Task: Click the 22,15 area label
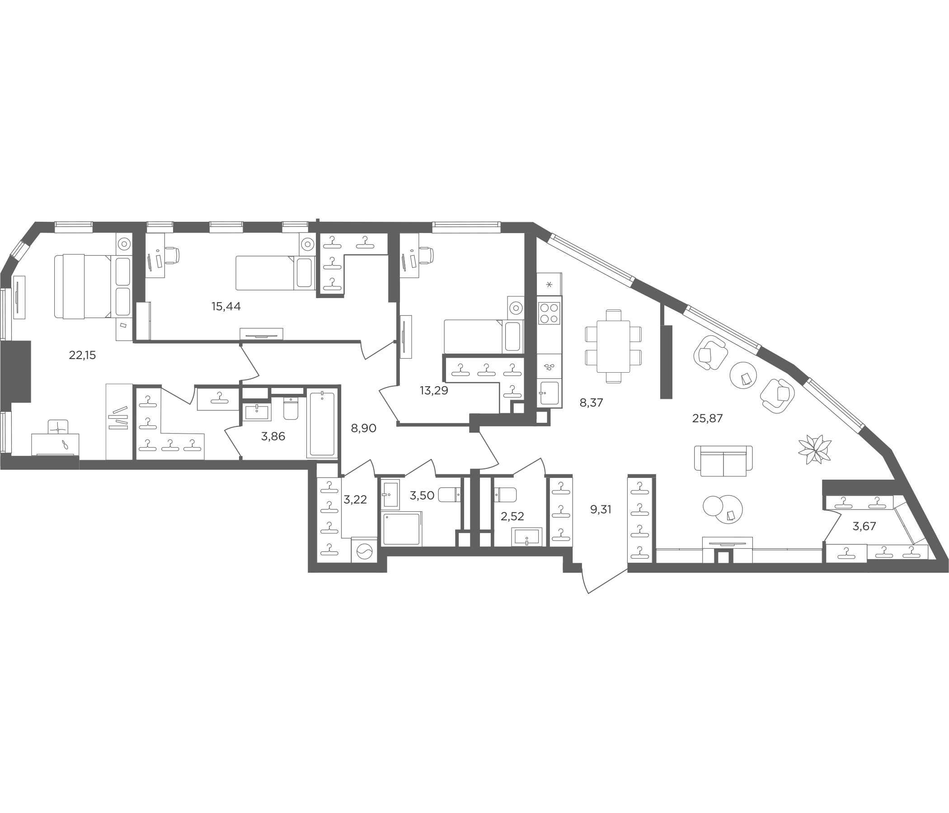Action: click(x=82, y=355)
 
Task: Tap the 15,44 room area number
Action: click(x=226, y=307)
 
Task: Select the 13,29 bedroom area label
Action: click(x=434, y=391)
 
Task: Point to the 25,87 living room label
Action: click(x=707, y=418)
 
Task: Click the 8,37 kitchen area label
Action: click(x=591, y=403)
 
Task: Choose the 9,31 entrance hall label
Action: click(x=601, y=509)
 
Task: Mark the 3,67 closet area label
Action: click(x=864, y=527)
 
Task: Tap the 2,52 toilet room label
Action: click(x=512, y=516)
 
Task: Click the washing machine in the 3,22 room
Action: click(x=364, y=550)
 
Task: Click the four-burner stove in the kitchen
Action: click(x=549, y=313)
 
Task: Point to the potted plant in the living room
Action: click(x=814, y=449)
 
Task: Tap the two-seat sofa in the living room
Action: click(x=723, y=461)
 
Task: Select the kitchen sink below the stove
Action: click(x=549, y=393)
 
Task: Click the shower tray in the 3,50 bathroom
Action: click(x=401, y=529)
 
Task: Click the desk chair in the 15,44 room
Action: click(x=172, y=255)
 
